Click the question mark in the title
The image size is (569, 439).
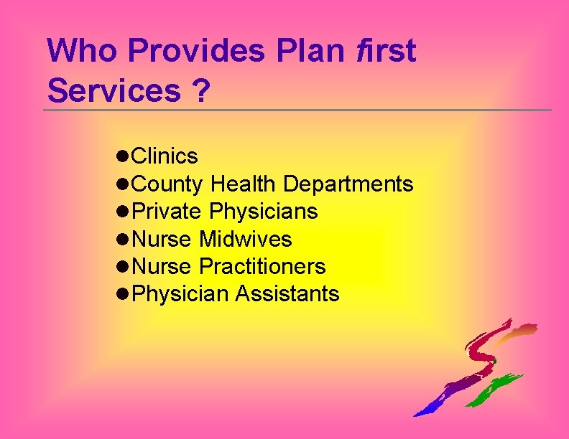(x=200, y=91)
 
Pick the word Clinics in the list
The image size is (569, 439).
(x=166, y=156)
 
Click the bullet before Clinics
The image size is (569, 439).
(x=122, y=156)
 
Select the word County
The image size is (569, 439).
(x=169, y=184)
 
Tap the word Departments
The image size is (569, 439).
(x=348, y=184)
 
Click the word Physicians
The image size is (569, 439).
(x=264, y=212)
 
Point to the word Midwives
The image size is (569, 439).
(x=246, y=239)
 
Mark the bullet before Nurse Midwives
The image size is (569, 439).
(x=122, y=239)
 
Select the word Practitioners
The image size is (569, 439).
(x=262, y=267)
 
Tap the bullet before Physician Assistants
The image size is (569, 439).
(x=122, y=294)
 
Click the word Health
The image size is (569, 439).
(x=243, y=184)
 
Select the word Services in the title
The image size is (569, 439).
(x=114, y=91)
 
